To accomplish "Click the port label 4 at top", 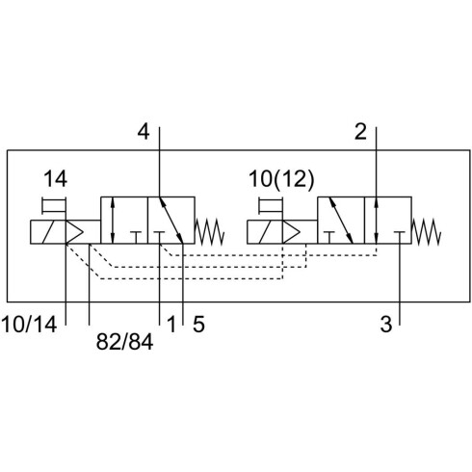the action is (x=144, y=132).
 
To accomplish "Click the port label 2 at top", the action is (x=360, y=132).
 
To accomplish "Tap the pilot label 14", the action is (x=55, y=179).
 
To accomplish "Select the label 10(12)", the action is (x=281, y=179).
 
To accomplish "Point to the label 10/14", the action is (x=29, y=324).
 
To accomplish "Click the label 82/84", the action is (x=124, y=342).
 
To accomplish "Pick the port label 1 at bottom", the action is (x=171, y=324).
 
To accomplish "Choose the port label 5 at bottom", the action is (x=198, y=324).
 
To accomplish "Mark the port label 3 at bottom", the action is (x=386, y=324).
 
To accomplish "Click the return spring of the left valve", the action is (x=209, y=231).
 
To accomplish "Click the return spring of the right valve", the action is (x=427, y=231).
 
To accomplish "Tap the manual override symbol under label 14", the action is (x=54, y=205).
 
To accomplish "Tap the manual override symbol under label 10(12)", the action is (x=271, y=205).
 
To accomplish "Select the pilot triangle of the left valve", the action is (x=74, y=231).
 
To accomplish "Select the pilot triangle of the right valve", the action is (x=292, y=231).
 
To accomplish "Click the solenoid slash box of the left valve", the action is (x=48, y=231).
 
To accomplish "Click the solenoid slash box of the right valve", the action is (x=265, y=231).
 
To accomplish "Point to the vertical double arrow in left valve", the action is (x=112, y=221).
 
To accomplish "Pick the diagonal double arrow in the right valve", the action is (x=341, y=221).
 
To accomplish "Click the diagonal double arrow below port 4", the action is (x=171, y=221).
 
